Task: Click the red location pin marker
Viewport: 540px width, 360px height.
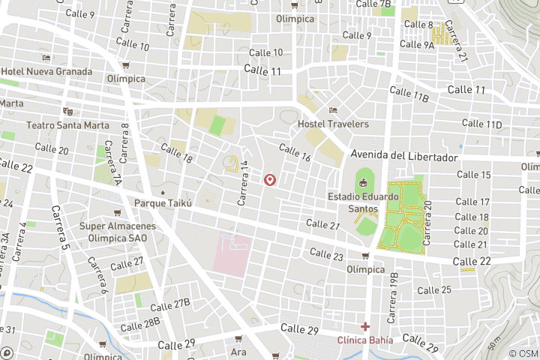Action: (x=270, y=180)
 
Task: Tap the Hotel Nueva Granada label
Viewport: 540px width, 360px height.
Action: (x=46, y=71)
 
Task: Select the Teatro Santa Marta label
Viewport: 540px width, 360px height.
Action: (x=68, y=125)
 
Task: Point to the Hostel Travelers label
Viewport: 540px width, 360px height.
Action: (x=333, y=124)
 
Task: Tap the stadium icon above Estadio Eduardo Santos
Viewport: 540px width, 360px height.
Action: (x=364, y=182)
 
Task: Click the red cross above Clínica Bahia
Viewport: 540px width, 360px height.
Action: (x=365, y=326)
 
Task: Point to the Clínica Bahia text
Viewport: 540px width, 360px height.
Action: (x=365, y=340)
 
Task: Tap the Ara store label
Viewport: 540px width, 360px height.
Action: (x=238, y=352)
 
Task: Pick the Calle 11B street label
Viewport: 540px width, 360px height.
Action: (x=409, y=94)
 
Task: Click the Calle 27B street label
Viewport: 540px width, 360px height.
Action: (x=170, y=306)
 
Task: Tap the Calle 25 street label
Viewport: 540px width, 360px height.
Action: (x=435, y=290)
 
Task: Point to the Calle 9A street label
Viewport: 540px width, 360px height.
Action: (x=417, y=45)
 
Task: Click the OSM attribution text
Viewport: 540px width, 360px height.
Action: (x=523, y=353)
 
